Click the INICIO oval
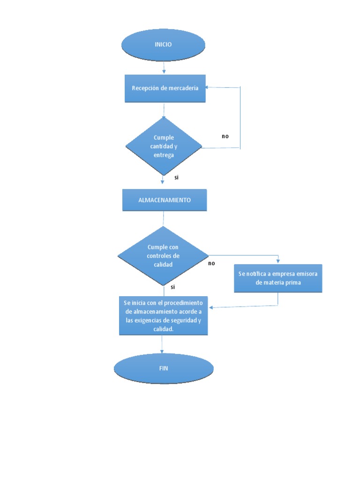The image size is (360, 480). click(163, 45)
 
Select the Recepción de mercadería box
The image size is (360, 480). click(165, 88)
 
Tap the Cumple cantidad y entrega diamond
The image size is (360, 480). click(164, 146)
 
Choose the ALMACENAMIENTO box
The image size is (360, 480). click(165, 200)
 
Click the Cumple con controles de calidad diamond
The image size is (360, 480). click(163, 255)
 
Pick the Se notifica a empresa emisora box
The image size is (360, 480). click(278, 278)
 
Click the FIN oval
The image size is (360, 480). click(163, 368)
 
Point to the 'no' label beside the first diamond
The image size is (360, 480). click(225, 136)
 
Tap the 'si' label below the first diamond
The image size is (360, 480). click(177, 178)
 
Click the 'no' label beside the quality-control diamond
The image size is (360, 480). click(211, 263)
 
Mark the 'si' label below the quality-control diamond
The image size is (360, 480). click(172, 286)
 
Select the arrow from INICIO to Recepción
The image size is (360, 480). click(164, 68)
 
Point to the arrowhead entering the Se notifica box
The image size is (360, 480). click(278, 262)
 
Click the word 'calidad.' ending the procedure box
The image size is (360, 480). click(163, 329)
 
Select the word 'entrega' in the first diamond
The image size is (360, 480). click(164, 155)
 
